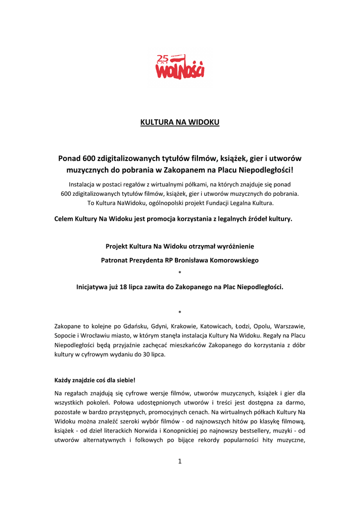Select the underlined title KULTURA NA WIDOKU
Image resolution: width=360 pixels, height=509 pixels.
[180, 122]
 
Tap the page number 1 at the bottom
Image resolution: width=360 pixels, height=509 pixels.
[180, 461]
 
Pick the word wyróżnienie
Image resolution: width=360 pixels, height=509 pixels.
[233, 246]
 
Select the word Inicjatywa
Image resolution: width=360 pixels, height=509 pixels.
[93, 287]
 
